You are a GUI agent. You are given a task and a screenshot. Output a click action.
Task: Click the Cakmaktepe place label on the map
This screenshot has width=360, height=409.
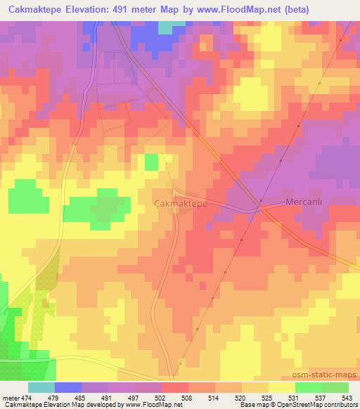[180, 202]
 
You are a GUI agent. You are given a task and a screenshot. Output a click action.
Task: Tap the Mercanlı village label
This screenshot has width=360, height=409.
[304, 202]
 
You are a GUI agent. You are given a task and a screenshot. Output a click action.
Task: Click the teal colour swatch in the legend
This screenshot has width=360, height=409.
[41, 387]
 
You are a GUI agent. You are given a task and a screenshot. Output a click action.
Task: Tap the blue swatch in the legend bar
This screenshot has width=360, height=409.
[68, 387]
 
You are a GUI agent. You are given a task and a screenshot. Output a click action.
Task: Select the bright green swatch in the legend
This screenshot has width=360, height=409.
[308, 387]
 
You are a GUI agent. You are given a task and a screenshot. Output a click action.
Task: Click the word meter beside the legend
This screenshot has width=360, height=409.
[11, 397]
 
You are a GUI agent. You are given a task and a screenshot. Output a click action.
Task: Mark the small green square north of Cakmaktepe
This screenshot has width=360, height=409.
[151, 162]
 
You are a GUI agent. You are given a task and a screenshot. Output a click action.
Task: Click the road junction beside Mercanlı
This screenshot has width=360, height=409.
[260, 207]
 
